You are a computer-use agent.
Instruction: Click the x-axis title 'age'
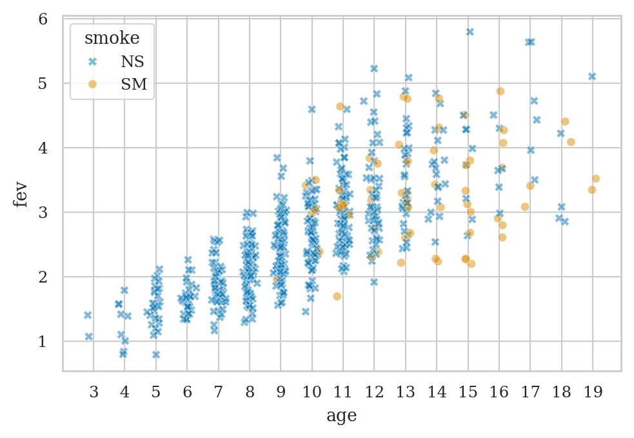point(342,416)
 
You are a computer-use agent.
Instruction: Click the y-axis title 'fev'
point(21,194)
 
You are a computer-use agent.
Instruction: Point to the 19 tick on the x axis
point(593,392)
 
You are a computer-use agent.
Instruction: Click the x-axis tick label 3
point(94,392)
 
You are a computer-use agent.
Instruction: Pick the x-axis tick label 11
point(342,392)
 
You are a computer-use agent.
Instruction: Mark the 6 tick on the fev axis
point(43,19)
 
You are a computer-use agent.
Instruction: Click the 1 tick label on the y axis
point(43,341)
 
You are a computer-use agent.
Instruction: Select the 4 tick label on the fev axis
point(43,148)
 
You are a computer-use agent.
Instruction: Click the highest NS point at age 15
point(470,32)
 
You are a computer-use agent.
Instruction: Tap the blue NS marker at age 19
point(592,76)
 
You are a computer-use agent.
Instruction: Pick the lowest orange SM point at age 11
point(337,296)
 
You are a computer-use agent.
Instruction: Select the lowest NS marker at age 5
point(156,355)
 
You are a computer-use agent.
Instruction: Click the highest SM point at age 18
point(565,121)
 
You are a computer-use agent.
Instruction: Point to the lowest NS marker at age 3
point(89,336)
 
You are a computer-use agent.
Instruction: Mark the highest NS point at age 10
point(312,110)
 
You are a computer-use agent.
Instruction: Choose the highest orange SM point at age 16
point(500,91)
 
